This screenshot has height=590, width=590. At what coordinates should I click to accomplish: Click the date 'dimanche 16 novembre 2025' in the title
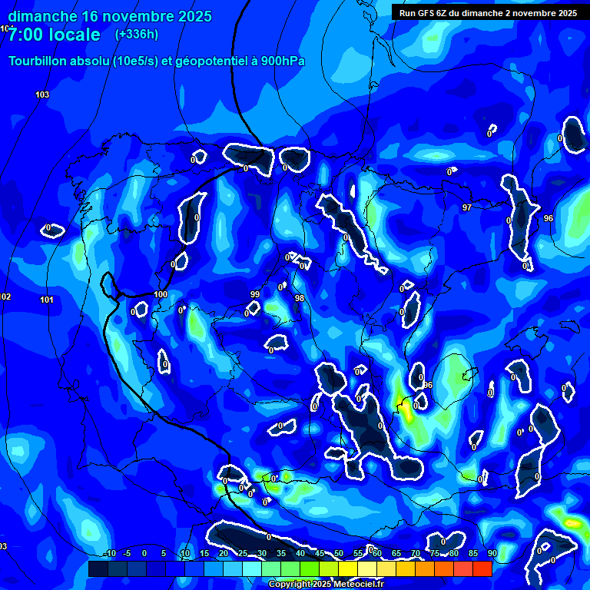(111, 16)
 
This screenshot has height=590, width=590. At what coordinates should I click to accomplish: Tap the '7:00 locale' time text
(55, 35)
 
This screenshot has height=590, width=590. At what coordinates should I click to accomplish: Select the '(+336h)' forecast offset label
(137, 34)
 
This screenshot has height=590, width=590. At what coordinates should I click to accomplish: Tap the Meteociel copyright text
(326, 584)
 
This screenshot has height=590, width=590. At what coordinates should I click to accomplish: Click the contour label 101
(47, 300)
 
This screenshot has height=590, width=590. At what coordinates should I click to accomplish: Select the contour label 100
(161, 294)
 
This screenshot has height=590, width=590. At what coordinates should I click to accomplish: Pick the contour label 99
(255, 294)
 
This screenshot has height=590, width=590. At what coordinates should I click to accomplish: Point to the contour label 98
(300, 298)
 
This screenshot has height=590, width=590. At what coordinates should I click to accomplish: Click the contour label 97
(466, 208)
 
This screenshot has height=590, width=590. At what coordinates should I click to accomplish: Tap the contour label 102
(5, 297)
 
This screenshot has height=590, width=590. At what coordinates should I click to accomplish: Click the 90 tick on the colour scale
(492, 553)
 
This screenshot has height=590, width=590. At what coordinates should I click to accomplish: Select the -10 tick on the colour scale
(110, 553)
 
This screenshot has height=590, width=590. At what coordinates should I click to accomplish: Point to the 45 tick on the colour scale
(320, 553)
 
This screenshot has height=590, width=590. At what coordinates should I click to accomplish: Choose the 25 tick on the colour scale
(243, 553)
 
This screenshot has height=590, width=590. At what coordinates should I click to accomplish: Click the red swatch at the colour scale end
(482, 568)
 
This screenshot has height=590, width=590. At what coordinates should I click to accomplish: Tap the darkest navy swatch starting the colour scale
(98, 568)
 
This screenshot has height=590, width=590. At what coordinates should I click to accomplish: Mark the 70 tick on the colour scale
(416, 553)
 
